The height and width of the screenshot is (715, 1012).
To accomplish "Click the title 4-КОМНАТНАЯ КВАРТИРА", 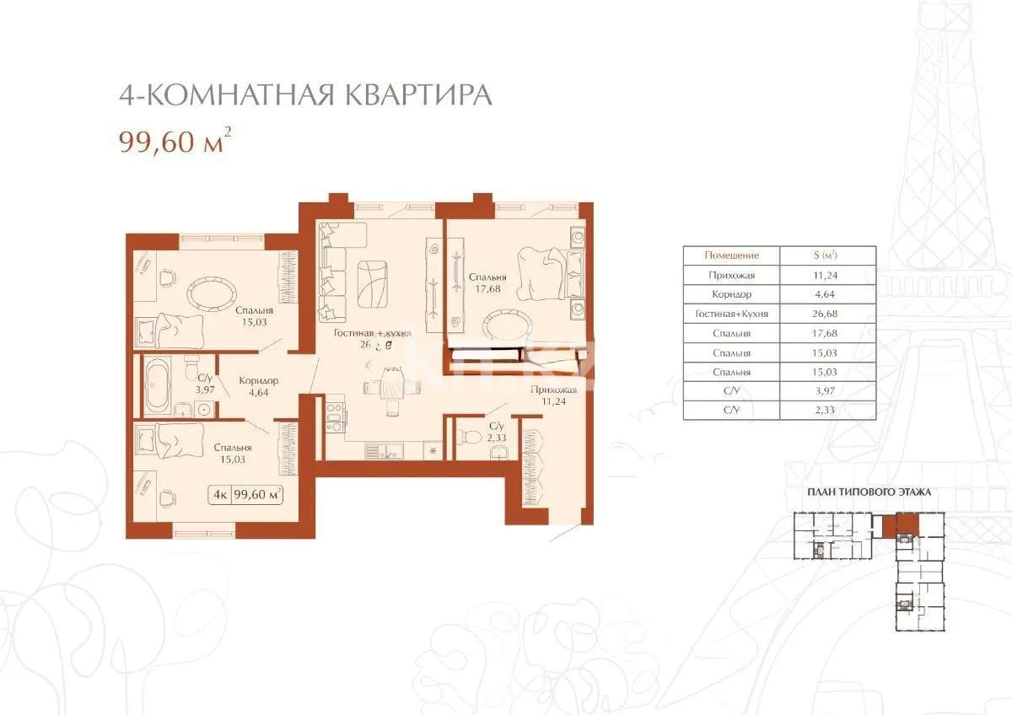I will coord(304,94).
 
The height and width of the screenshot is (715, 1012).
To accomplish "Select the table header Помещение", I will coord(731,255).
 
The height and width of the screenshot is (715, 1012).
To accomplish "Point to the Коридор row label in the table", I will coord(731,294).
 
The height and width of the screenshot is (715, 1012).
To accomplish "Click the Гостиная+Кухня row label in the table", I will coord(731,314).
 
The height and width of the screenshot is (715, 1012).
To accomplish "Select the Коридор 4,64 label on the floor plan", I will coord(258,386).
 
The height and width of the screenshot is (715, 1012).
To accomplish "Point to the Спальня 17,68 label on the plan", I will coord(487,282).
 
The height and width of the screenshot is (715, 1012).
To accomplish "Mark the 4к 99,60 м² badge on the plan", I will coord(245,495).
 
